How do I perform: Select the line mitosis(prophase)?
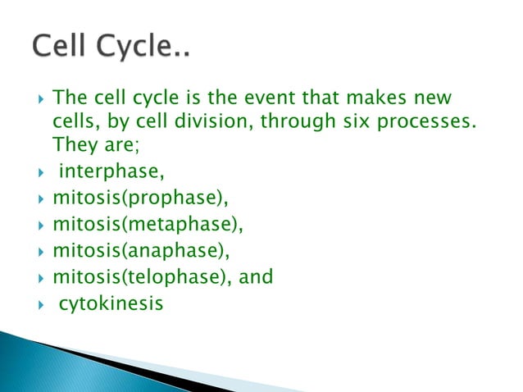coord(134,198)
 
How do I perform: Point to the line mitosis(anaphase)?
coord(137,251)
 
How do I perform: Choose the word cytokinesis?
coord(111,303)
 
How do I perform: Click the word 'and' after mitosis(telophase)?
coord(257,277)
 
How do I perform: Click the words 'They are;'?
coord(85,144)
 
